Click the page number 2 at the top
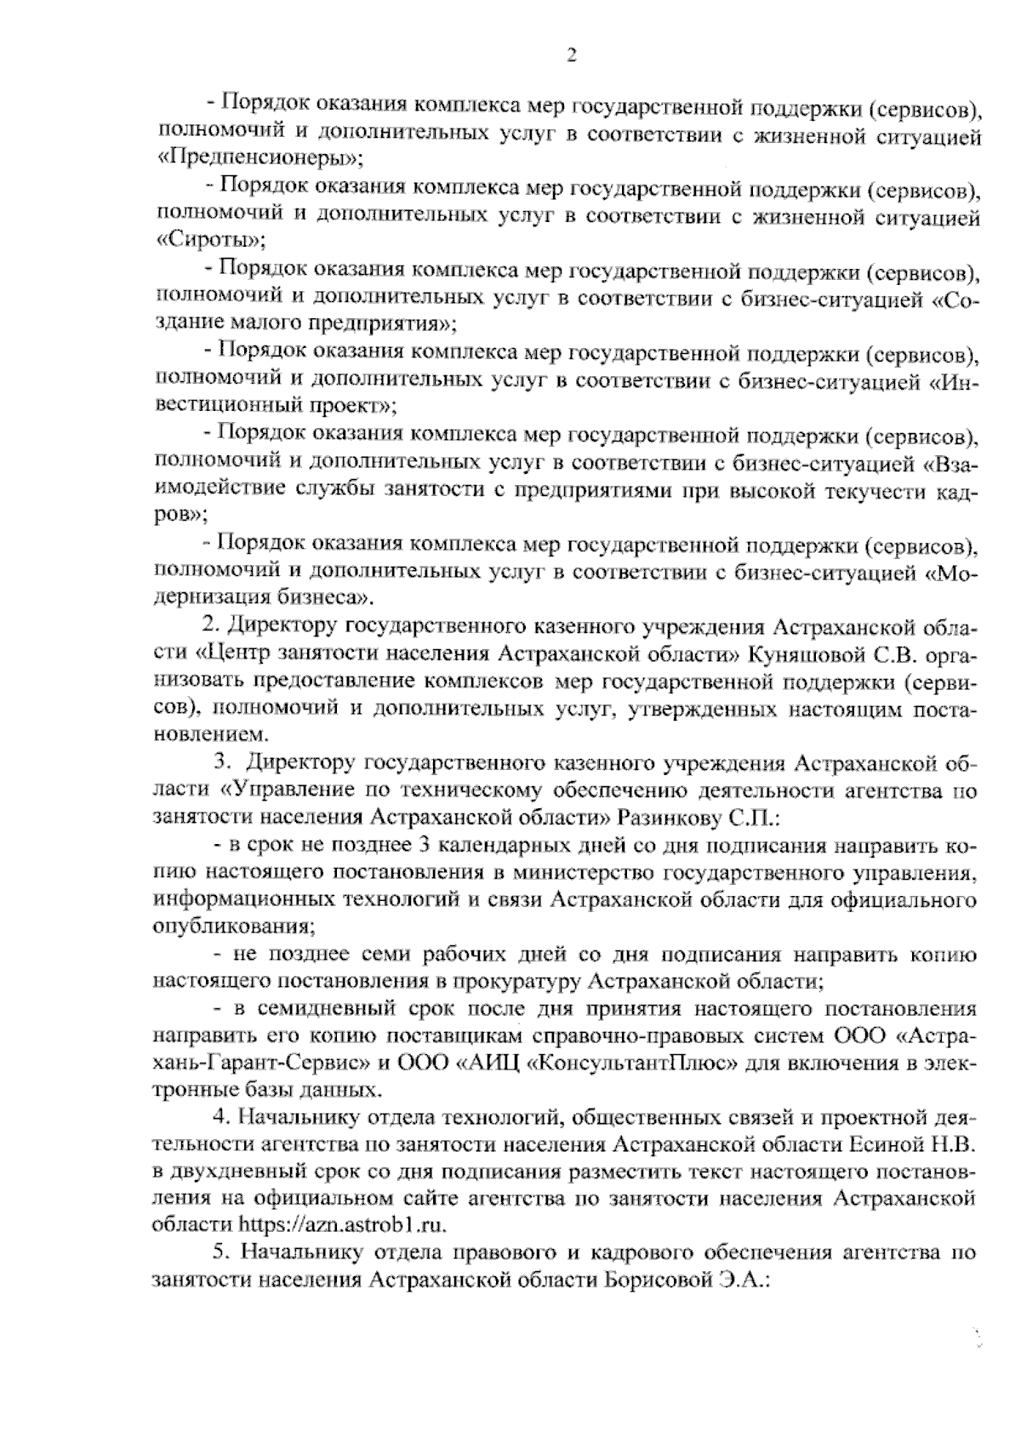point(572,57)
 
